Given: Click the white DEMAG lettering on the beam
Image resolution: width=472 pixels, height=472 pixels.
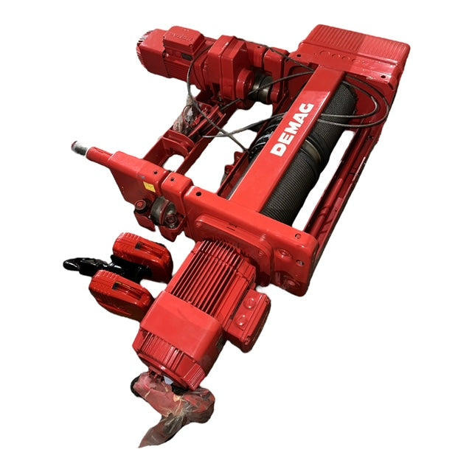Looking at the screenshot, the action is [x=292, y=130].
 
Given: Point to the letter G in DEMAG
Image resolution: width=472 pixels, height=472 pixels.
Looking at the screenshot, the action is [x=308, y=110].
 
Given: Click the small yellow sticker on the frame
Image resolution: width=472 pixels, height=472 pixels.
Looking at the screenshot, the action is [x=149, y=187].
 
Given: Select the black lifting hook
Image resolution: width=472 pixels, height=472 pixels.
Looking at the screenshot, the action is [x=90, y=265].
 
